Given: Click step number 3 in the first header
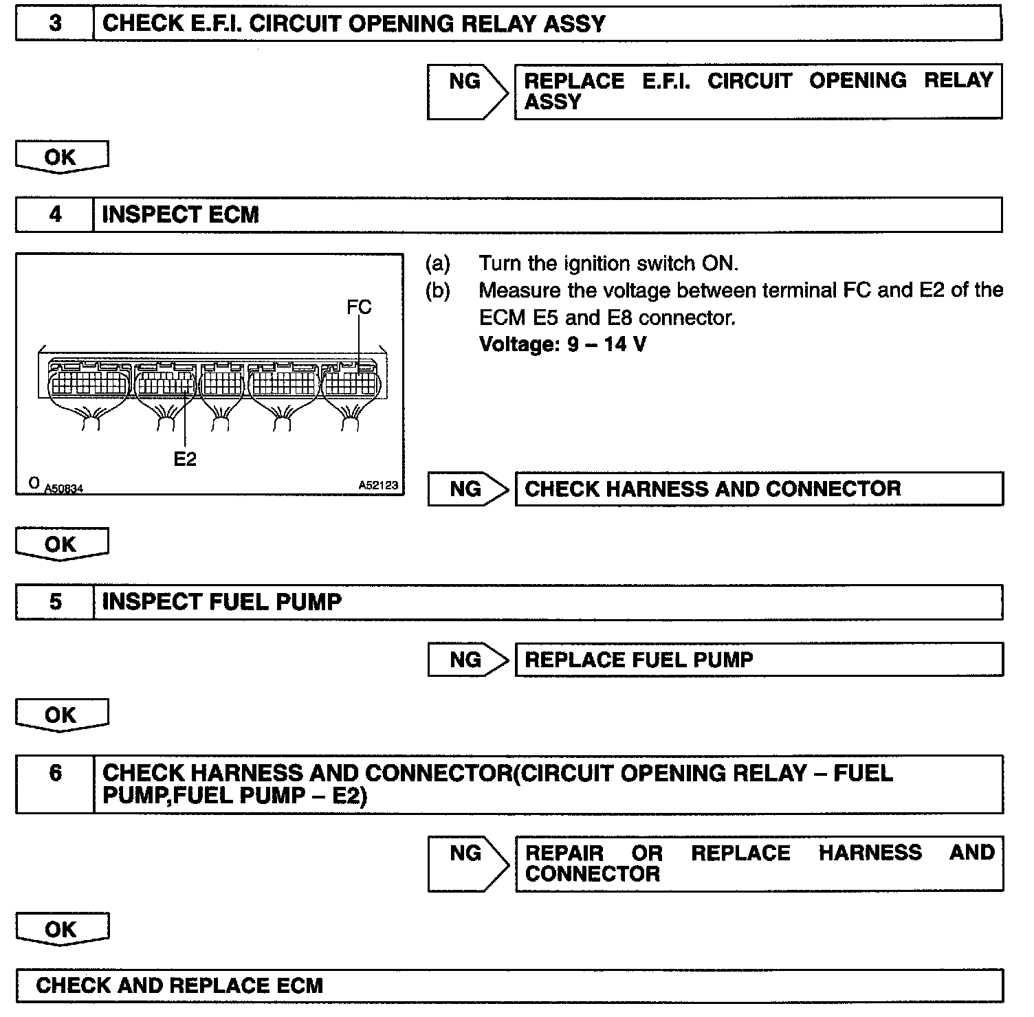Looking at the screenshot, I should pyautogui.click(x=55, y=24).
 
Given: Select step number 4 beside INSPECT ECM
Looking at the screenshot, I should pyautogui.click(x=55, y=215).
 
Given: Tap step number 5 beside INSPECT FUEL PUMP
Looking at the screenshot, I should pyautogui.click(x=55, y=603).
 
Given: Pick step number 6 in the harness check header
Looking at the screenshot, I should pyautogui.click(x=55, y=774).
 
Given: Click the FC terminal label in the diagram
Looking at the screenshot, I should pyautogui.click(x=359, y=307).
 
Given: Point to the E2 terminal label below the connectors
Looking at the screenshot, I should pyautogui.click(x=185, y=459).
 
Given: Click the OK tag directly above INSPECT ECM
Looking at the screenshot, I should pyautogui.click(x=61, y=157).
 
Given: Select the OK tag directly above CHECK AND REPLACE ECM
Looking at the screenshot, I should pyautogui.click(x=62, y=930).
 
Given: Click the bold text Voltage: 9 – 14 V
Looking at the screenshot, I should pyautogui.click(x=562, y=344).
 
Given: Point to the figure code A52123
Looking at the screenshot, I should pyautogui.click(x=378, y=486).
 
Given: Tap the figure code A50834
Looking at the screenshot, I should pyautogui.click(x=63, y=489).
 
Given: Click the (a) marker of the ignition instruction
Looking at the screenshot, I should pyautogui.click(x=438, y=264).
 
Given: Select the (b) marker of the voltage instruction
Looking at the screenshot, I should pyautogui.click(x=438, y=291).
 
